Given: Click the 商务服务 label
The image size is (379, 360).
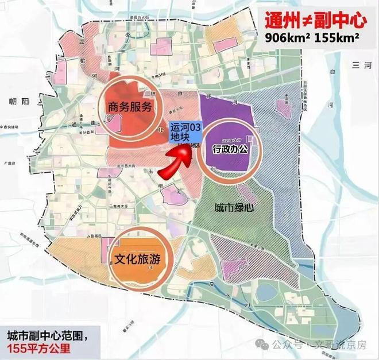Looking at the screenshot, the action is click(130, 106).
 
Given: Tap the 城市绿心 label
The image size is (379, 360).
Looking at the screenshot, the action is click(229, 207).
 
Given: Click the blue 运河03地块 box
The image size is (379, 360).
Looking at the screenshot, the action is click(184, 133).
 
